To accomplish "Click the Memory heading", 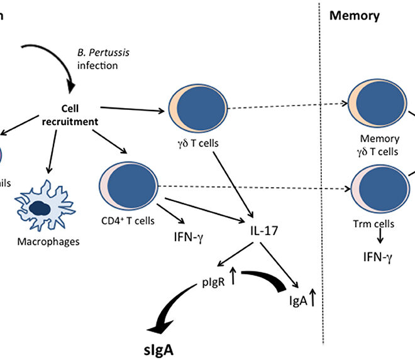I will coord(355,16).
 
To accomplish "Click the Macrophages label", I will coord(43,241).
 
